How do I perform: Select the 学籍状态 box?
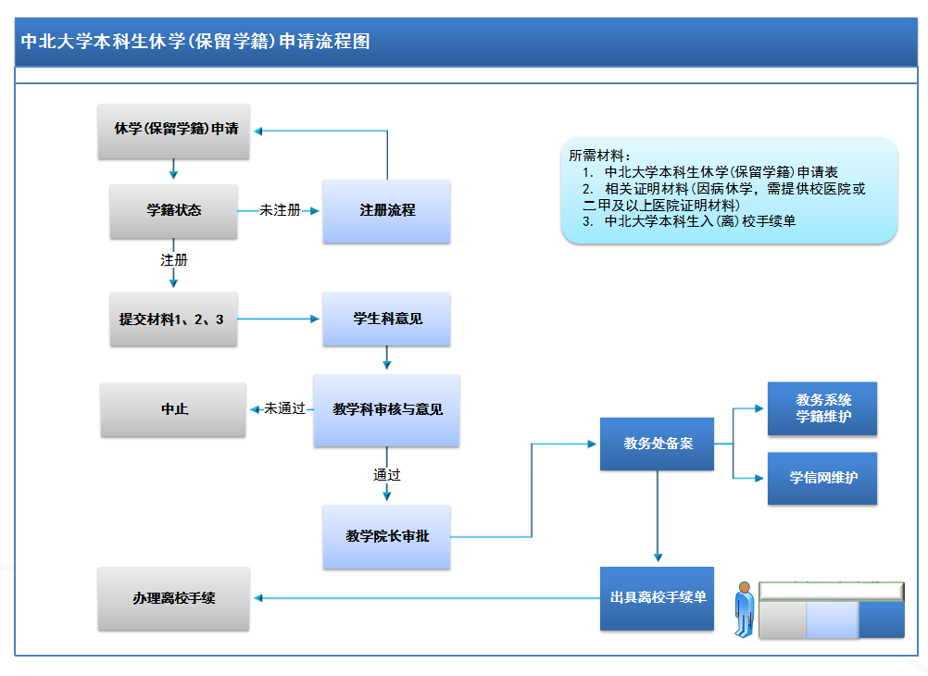[x=173, y=211]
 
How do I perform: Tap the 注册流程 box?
[x=387, y=211]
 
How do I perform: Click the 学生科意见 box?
[x=387, y=319]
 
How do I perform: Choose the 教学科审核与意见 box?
[x=387, y=409]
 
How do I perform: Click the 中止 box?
[x=173, y=408]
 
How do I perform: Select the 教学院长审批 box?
[x=387, y=536]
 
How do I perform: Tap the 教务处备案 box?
[x=658, y=444]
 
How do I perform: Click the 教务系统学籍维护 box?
[x=822, y=408]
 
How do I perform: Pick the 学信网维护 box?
[x=822, y=478]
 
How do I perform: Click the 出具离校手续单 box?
[x=658, y=598]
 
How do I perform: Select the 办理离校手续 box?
[x=173, y=598]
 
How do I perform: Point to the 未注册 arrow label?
[x=280, y=211]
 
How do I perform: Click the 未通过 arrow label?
[x=284, y=408]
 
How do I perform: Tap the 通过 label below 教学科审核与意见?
[x=387, y=475]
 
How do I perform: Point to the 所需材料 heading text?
[x=597, y=156]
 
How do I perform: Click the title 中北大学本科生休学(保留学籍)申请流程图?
[x=195, y=42]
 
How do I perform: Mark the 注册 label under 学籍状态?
[x=174, y=260]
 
